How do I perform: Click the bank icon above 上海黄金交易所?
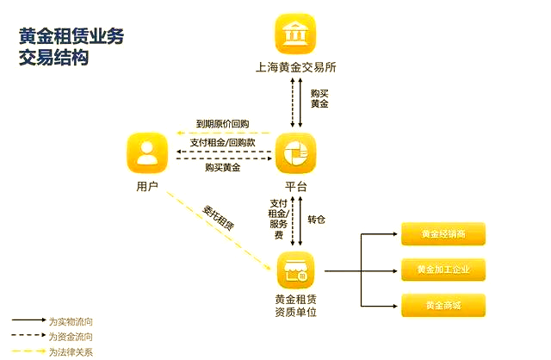pos(295,34)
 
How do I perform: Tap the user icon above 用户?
pos(147,153)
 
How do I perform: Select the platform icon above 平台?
pos(295,153)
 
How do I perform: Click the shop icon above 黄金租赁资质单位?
pos(295,270)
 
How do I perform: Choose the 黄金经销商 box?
pos(443,233)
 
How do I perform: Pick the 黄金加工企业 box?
pos(443,270)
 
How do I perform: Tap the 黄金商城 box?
pos(443,305)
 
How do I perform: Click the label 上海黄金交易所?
pos(295,67)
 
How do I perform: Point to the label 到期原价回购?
pos(222,124)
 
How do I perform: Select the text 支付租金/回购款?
pos(222,142)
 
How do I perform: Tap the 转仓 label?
pos(316,220)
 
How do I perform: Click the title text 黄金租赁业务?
pos(71,36)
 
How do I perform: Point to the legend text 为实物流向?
pos(71,321)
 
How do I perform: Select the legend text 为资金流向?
pos(71,337)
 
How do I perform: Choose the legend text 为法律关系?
pos(71,351)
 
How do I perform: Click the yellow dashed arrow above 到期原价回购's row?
pos(224,133)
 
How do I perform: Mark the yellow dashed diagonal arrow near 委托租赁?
pos(219,231)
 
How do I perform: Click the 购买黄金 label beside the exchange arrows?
pos(319,98)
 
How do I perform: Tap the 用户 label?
pos(147,186)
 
